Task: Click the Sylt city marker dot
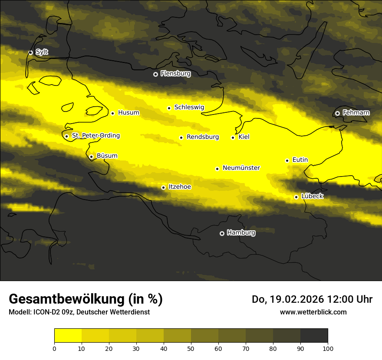[x=31, y=52]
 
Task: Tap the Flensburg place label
[x=175, y=74]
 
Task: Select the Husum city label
[x=128, y=113]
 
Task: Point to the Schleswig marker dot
[x=169, y=108]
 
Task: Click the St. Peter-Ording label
[x=95, y=136]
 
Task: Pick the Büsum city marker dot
[x=91, y=157]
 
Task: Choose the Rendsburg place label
[x=203, y=137]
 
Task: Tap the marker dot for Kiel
[x=233, y=137]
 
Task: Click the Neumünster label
[x=241, y=168]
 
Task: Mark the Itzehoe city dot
[x=163, y=187]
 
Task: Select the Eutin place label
[x=300, y=160]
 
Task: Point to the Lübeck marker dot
[x=296, y=197]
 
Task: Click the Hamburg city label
[x=241, y=233]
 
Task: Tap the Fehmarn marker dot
[x=337, y=113]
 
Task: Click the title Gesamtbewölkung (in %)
[x=86, y=299]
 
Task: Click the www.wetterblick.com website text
[x=313, y=312]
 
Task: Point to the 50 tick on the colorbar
[x=191, y=348]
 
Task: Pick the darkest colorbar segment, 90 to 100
[x=314, y=335]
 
